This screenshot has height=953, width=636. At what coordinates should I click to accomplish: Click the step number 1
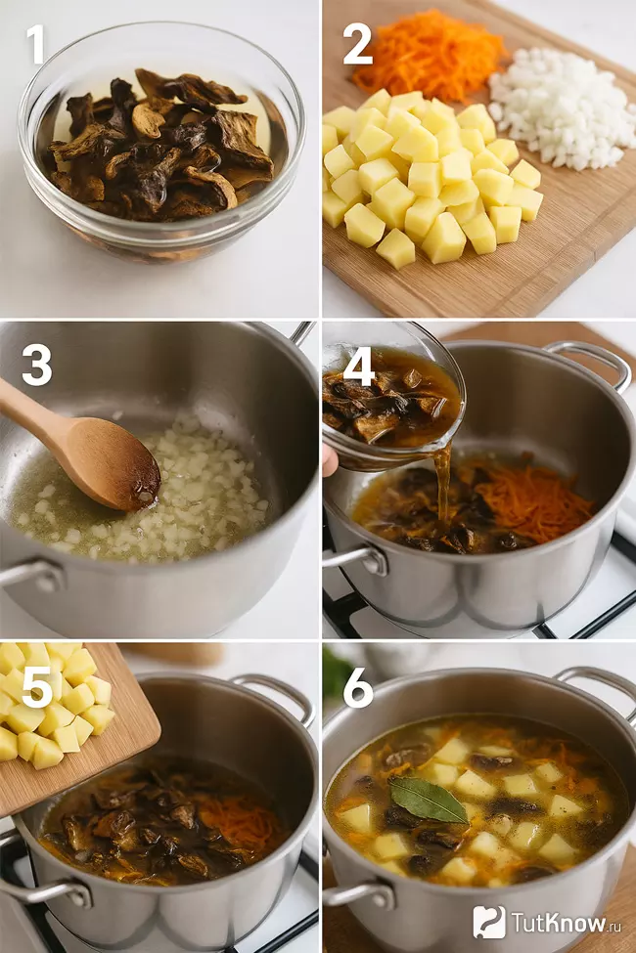pyautogui.click(x=35, y=44)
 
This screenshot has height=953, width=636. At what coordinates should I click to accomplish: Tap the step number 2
pyautogui.click(x=358, y=44)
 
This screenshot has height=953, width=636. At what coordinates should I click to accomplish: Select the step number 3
pyautogui.click(x=37, y=366)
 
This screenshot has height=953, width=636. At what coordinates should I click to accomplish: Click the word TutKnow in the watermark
pyautogui.click(x=550, y=923)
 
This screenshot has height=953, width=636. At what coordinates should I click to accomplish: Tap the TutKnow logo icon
pyautogui.click(x=488, y=922)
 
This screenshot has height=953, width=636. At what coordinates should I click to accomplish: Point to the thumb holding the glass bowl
pyautogui.click(x=330, y=459)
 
